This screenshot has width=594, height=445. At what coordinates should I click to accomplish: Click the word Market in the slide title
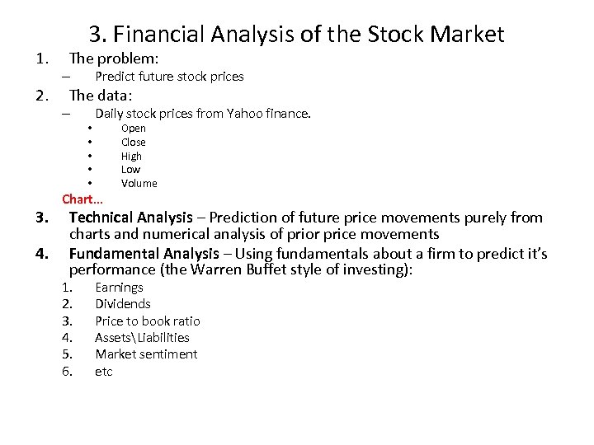coord(468,34)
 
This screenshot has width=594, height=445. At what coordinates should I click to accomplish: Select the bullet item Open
coord(134,128)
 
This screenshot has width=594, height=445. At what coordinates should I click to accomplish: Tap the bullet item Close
coord(134,142)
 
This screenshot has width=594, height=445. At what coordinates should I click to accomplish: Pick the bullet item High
coord(132,156)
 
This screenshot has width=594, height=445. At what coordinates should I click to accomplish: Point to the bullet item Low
coord(131,169)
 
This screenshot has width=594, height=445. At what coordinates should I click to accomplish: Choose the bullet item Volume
coord(139,183)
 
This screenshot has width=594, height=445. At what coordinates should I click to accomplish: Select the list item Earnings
coord(119,288)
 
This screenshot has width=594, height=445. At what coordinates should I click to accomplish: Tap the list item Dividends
coord(123,304)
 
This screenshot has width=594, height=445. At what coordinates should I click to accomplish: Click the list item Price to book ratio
coord(148,321)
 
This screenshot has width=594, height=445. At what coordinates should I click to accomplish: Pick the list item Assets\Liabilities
coord(142,337)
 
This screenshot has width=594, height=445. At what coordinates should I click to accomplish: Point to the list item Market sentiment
coord(146,354)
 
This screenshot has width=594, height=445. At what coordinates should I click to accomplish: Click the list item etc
coord(104,371)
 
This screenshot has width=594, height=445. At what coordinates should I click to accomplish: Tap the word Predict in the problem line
coord(115,77)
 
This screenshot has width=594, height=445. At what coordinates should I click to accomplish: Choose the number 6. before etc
coord(68,371)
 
